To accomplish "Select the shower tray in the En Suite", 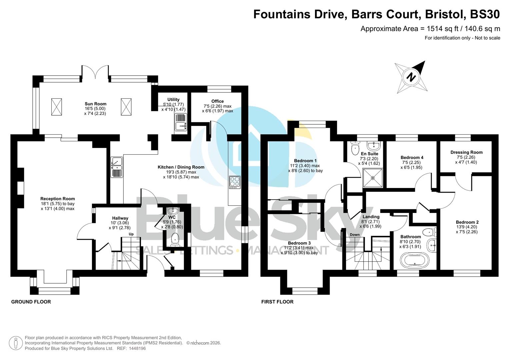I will (373, 178).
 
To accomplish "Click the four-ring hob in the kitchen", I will (235, 182).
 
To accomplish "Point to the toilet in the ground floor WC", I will (174, 240).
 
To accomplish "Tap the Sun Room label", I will (95, 104).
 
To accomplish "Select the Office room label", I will (217, 101).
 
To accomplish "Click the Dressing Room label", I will (466, 152).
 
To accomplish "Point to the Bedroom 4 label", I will (412, 157).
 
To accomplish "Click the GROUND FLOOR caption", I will (31, 302).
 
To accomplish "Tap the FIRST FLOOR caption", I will (277, 302).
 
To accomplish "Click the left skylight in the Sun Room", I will (56, 107).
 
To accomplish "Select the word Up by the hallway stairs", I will (131, 234).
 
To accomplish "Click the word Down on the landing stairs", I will (354, 234).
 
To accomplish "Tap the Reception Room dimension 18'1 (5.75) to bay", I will (57, 204).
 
